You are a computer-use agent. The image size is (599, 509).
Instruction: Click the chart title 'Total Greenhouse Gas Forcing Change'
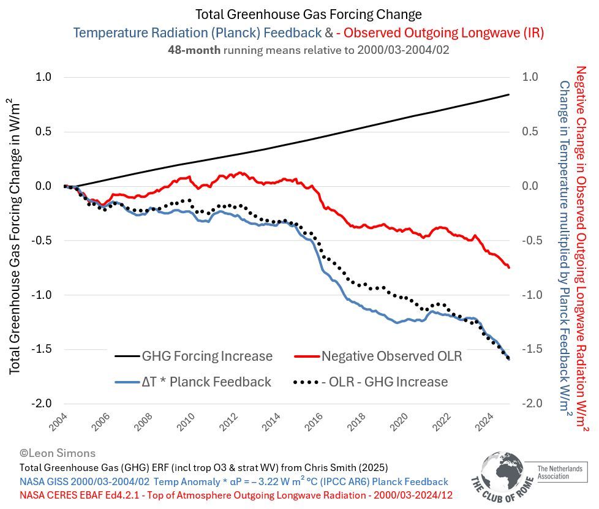[308, 14]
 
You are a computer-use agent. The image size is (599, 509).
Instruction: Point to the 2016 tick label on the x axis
[314, 421]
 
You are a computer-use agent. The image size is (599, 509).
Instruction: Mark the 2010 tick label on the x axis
[187, 421]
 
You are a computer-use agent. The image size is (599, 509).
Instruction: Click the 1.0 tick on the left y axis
[44, 77]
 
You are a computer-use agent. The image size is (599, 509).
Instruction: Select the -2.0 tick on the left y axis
[42, 403]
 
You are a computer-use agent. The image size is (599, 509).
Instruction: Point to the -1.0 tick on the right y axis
[530, 295]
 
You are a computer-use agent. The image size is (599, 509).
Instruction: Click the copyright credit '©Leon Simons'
[58, 453]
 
